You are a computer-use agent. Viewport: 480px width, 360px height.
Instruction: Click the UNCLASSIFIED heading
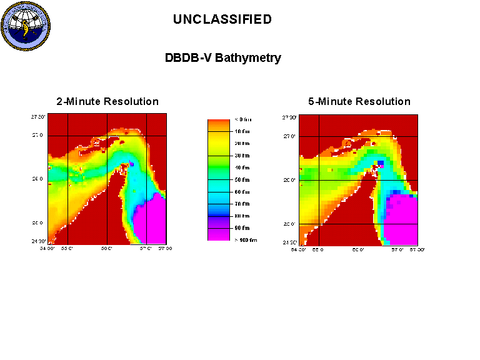(x=222, y=19)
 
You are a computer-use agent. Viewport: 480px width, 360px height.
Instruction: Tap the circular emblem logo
(x=26, y=26)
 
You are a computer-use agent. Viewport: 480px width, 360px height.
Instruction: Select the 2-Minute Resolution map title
(x=107, y=101)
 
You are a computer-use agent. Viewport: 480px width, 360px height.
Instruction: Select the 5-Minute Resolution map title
(x=359, y=101)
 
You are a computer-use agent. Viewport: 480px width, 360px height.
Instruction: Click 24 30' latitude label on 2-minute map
(x=39, y=241)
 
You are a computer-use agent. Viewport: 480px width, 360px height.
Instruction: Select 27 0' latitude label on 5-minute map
(x=289, y=136)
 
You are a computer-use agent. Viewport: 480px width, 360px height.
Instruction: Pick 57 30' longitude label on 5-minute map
(x=416, y=249)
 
